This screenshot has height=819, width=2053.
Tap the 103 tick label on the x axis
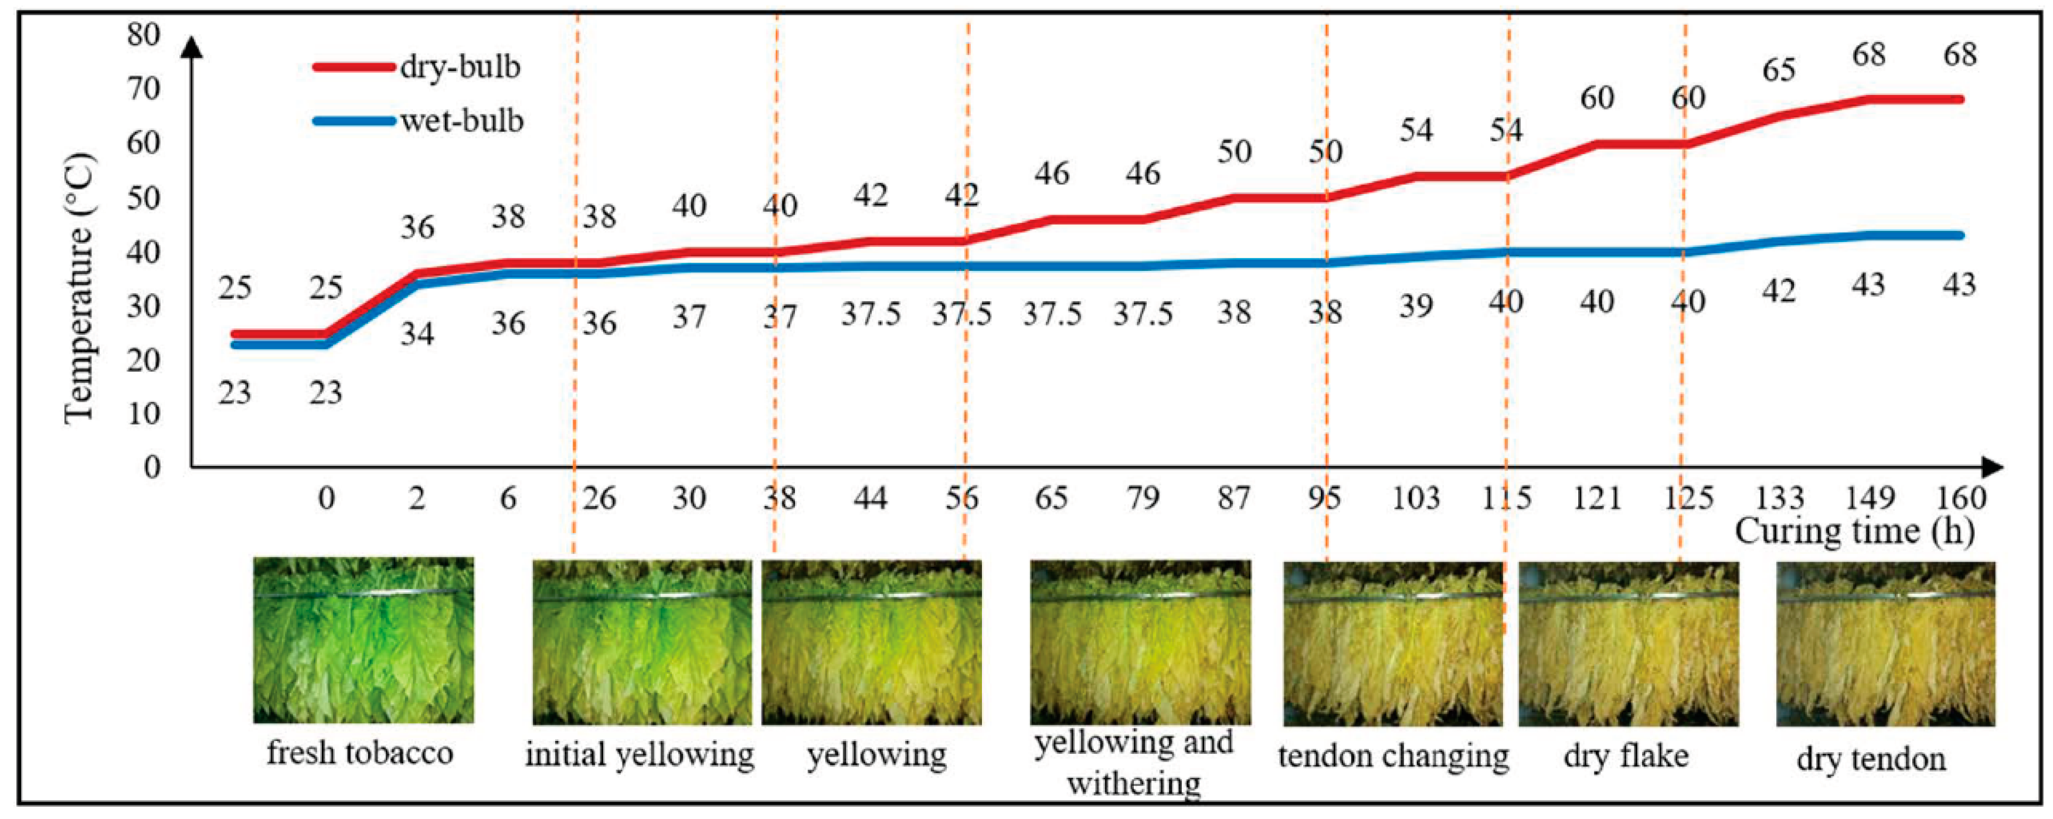[x=1415, y=498]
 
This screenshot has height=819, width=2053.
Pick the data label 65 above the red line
[x=1779, y=70]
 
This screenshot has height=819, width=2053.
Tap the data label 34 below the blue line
[x=417, y=334]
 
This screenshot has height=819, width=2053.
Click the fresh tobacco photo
[x=363, y=641]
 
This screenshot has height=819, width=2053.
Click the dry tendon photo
[x=1886, y=643]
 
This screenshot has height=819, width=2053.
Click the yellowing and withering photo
[x=1140, y=642]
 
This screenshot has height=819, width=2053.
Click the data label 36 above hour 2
[x=417, y=228]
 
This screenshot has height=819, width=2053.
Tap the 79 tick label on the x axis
[x=1142, y=498]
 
